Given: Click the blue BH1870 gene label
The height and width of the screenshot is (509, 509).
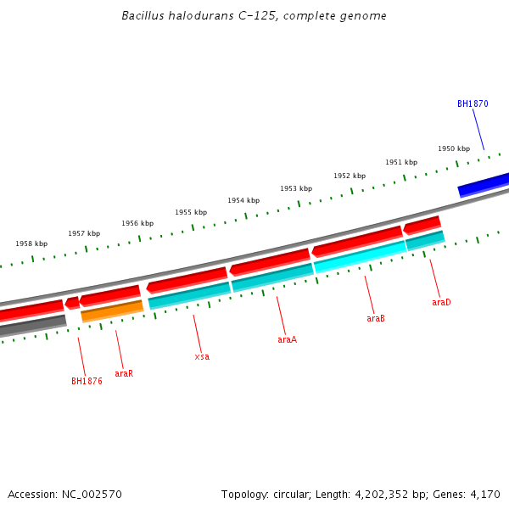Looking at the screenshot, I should pyautogui.click(x=473, y=104).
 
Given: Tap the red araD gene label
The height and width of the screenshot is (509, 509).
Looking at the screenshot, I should pyautogui.click(x=441, y=302).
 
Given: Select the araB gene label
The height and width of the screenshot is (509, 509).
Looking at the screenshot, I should pyautogui.click(x=376, y=319).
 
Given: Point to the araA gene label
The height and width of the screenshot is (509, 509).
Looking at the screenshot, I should pyautogui.click(x=288, y=339).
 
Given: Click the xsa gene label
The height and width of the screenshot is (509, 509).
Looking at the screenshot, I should pyautogui.click(x=202, y=356).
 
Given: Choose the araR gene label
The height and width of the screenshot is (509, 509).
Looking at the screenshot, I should pyautogui.click(x=124, y=373).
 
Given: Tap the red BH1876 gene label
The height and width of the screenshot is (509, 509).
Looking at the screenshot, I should pyautogui.click(x=87, y=381).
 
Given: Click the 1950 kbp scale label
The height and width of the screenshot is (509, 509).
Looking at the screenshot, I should pyautogui.click(x=454, y=148).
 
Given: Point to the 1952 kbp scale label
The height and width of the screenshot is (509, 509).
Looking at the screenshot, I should pyautogui.click(x=350, y=176).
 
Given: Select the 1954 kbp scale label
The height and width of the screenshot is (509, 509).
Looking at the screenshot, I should pyautogui.click(x=243, y=200).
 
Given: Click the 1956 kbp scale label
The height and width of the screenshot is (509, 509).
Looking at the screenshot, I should pyautogui.click(x=137, y=223).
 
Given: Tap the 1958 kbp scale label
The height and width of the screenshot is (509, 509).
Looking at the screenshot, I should pyautogui.click(x=31, y=243).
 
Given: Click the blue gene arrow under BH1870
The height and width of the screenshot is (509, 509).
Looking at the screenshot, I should pyautogui.click(x=484, y=185).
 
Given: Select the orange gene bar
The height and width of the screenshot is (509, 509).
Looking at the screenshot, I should pyautogui.click(x=112, y=311).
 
